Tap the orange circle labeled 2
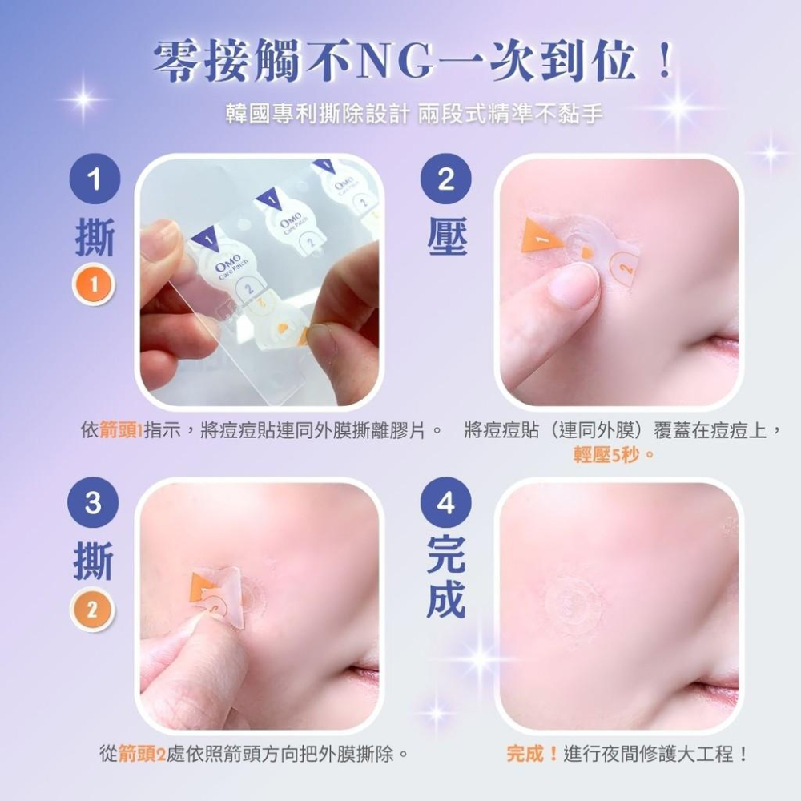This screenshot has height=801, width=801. click(x=94, y=610)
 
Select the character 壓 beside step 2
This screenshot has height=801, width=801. click(x=447, y=238)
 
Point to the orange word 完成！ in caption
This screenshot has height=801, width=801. click(x=533, y=754)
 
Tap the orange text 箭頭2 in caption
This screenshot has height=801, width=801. click(x=142, y=754)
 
